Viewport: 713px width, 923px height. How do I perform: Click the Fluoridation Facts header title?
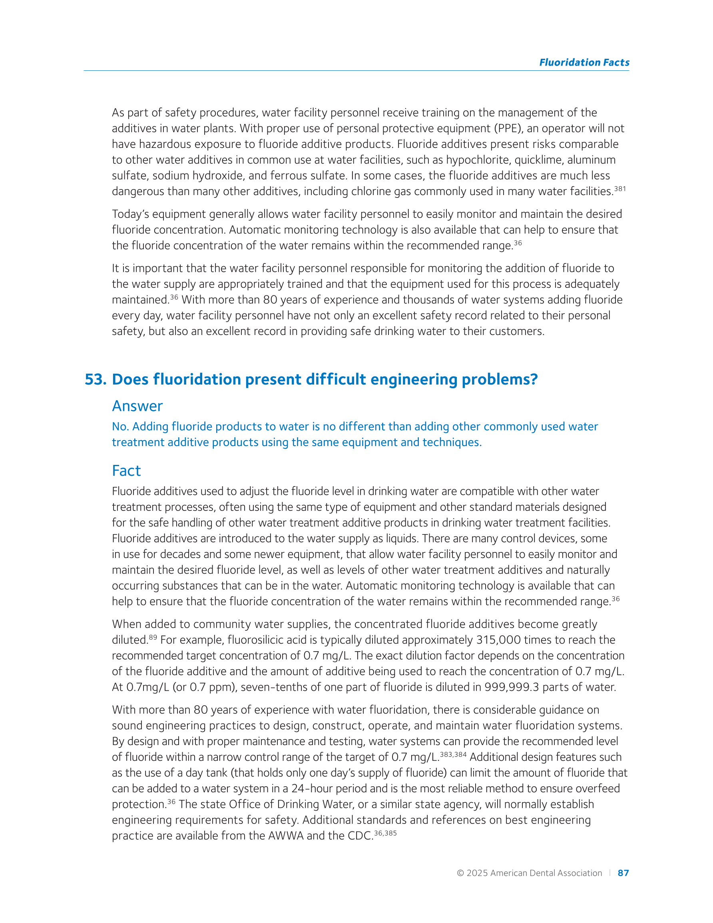tap(584, 62)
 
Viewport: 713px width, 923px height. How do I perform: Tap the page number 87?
tap(623, 873)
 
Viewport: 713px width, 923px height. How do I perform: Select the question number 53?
tap(96, 379)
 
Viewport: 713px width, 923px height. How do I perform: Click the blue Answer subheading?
tap(137, 406)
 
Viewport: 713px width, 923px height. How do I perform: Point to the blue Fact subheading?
tap(126, 470)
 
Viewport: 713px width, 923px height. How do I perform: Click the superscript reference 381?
tap(620, 189)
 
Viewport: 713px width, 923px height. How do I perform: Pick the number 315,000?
tap(498, 640)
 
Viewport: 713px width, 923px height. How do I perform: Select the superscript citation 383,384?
tap(453, 754)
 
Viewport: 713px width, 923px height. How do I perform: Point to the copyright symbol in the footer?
tap(460, 873)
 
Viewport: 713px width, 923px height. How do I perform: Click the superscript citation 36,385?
tap(385, 833)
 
